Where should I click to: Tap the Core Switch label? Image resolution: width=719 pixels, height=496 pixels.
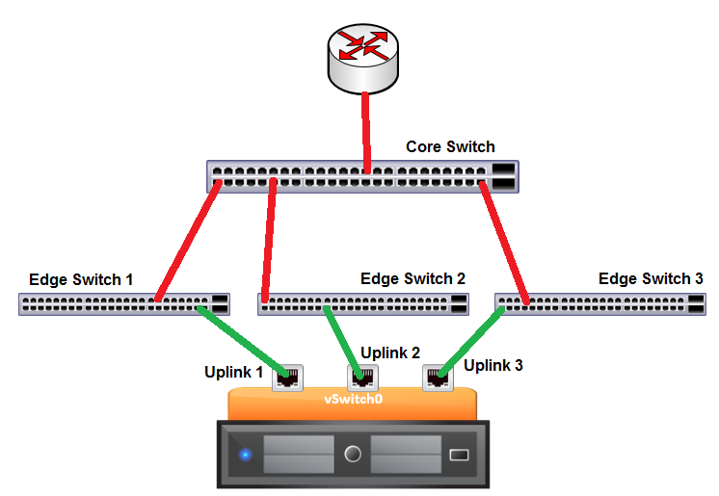click(x=450, y=147)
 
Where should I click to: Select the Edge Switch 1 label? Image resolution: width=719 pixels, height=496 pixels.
click(x=82, y=280)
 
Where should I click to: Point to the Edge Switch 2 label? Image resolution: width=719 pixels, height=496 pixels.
click(x=413, y=279)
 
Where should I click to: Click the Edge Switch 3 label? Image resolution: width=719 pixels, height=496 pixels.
click(x=651, y=279)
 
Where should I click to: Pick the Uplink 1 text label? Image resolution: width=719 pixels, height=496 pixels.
click(x=233, y=372)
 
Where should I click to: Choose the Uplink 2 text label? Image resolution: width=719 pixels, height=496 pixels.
click(x=390, y=352)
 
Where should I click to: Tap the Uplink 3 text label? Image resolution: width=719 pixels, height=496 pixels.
click(x=493, y=365)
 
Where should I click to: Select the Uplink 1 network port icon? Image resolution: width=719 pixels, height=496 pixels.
click(x=287, y=377)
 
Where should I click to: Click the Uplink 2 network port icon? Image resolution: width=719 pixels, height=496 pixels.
click(x=362, y=377)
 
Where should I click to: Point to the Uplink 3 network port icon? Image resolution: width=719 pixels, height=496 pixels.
click(x=437, y=377)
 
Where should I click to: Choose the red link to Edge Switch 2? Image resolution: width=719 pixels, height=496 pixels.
click(x=269, y=241)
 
